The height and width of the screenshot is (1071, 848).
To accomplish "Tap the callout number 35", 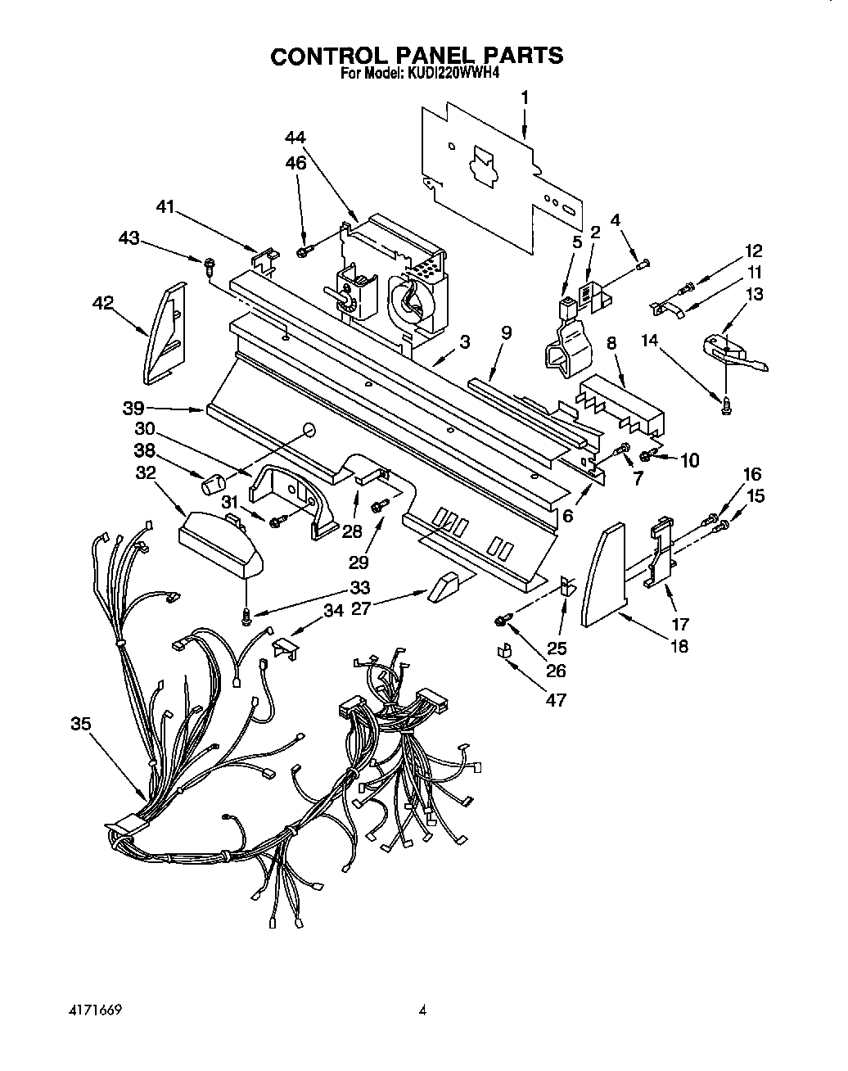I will coord(80,724).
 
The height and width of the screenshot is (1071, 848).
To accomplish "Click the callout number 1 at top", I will coord(525,97).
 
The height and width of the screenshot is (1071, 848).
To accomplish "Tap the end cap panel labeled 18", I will coord(603,576).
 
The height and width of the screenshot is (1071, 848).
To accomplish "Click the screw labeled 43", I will coord(210,264).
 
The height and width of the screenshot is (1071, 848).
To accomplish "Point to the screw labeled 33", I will coord(246,614).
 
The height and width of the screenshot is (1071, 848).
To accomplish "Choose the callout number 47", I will coord(556,700).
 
